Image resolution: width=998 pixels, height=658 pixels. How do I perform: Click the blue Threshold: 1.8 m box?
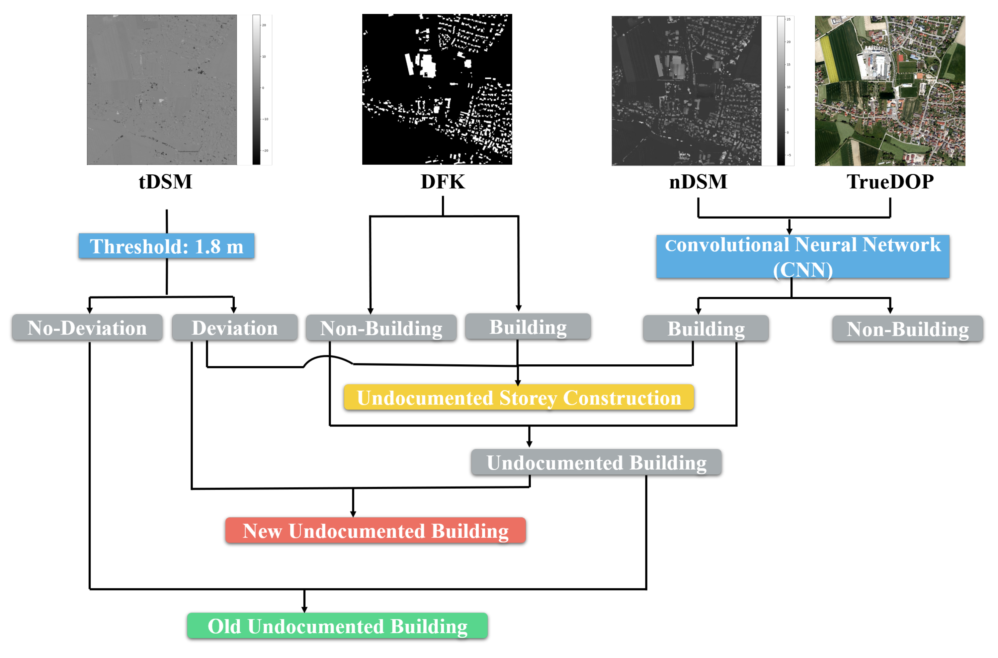click(x=166, y=246)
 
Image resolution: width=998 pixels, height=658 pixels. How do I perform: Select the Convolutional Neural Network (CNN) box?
click(x=802, y=256)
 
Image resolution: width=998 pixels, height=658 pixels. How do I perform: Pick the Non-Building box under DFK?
click(x=381, y=328)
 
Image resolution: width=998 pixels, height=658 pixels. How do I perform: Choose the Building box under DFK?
click(x=528, y=327)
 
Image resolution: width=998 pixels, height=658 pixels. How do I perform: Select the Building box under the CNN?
click(x=706, y=328)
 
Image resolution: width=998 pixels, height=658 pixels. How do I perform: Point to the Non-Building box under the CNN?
click(x=907, y=329)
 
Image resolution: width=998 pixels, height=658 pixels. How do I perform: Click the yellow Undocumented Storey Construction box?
click(x=519, y=397)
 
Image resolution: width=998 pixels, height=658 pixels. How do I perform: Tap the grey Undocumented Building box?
click(x=596, y=462)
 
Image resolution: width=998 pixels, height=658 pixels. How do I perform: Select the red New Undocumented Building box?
click(x=375, y=530)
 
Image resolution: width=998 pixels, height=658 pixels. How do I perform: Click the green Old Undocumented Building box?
click(x=337, y=626)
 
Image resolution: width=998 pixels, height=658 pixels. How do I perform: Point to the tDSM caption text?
click(x=165, y=182)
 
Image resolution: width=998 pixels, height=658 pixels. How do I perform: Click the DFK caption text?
click(x=443, y=182)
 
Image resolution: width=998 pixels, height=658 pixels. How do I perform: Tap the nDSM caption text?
click(x=698, y=182)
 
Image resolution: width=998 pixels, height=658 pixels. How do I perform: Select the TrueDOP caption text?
click(x=890, y=182)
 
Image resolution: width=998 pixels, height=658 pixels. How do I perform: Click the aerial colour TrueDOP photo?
click(x=889, y=91)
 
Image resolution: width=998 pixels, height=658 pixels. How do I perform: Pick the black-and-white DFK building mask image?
click(x=437, y=89)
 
